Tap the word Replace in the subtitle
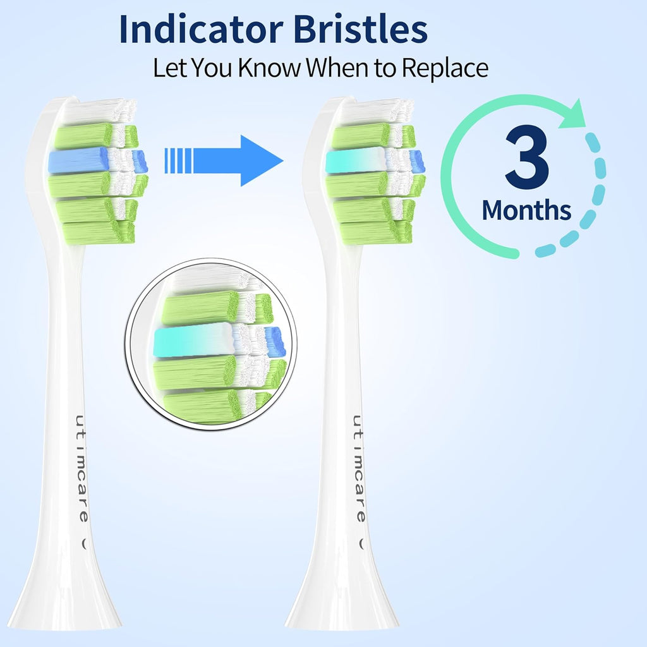445,68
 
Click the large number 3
526,159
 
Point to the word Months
526,210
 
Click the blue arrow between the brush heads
224,160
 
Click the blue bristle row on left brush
79,161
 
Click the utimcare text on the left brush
82,468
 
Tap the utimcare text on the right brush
358,468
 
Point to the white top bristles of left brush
98,111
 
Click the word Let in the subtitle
169,68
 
